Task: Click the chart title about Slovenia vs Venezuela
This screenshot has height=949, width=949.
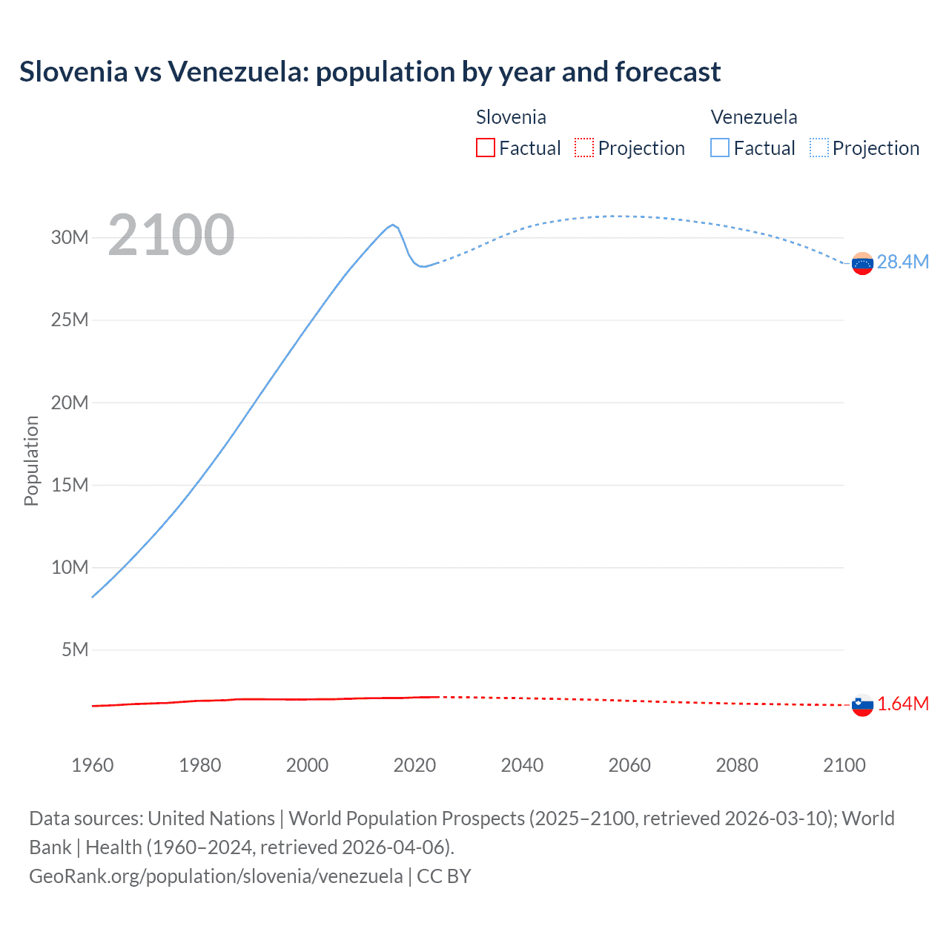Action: (369, 72)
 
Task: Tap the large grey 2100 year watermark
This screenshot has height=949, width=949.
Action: (171, 236)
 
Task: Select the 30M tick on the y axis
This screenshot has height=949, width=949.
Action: (70, 238)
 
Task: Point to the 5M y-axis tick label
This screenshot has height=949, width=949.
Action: (75, 650)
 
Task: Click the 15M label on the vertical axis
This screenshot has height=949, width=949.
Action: (70, 486)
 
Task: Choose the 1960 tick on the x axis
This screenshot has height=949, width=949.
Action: (93, 765)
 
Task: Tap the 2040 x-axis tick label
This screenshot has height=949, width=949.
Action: (522, 765)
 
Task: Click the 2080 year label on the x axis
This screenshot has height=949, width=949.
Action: (737, 765)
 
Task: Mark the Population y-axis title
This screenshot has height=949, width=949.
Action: (31, 460)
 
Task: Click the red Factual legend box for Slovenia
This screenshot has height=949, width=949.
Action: (485, 148)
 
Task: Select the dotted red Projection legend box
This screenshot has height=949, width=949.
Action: (584, 148)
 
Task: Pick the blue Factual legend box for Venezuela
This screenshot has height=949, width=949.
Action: (720, 148)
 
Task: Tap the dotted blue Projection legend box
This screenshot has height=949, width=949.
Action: (819, 148)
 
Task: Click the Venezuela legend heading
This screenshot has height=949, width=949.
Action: (754, 117)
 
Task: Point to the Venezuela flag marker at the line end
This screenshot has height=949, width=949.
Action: (862, 263)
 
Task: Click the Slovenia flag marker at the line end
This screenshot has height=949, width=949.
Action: (862, 705)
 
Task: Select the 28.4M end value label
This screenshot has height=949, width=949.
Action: (902, 262)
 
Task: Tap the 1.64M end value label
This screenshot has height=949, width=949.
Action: (902, 704)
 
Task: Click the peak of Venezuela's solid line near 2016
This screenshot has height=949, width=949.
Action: (393, 225)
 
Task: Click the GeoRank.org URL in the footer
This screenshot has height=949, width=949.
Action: (216, 876)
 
